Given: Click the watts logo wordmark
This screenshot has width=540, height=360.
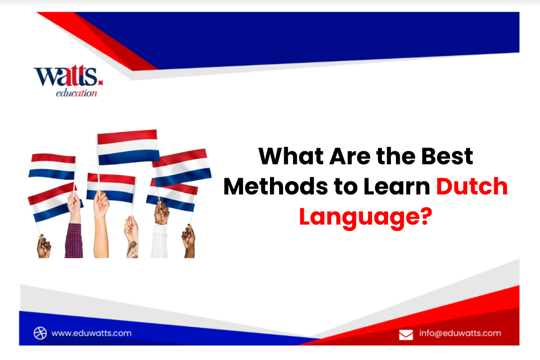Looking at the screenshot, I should (x=66, y=77).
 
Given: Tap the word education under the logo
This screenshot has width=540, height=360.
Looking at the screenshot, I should (x=76, y=93).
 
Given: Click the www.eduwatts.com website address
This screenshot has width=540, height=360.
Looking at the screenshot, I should (x=91, y=333).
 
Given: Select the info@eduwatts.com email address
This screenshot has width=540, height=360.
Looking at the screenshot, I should (x=460, y=333).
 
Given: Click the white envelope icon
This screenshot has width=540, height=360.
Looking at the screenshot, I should (x=406, y=334).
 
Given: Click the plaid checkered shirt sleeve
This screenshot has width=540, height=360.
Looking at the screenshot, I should (x=74, y=240).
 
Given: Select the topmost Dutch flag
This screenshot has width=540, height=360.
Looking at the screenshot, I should (x=128, y=146).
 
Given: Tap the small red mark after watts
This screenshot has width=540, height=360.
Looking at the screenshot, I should (x=101, y=82).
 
